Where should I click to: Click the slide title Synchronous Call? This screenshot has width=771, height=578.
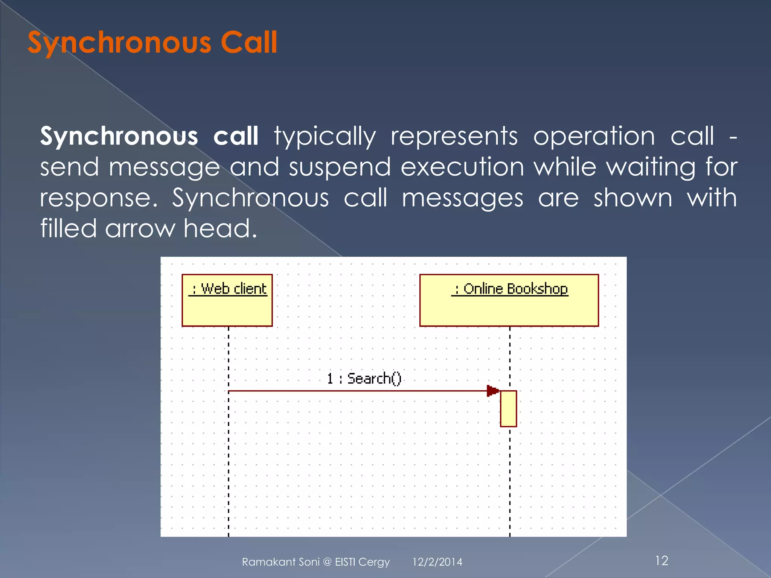tap(152, 43)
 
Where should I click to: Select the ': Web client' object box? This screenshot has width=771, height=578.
tap(227, 300)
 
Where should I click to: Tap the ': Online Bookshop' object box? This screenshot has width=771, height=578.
tap(509, 300)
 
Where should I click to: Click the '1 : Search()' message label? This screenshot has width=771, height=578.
tap(364, 378)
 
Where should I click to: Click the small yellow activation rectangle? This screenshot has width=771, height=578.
tap(508, 409)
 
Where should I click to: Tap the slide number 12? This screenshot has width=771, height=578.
tap(661, 561)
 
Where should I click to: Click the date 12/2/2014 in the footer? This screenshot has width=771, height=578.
tap(437, 562)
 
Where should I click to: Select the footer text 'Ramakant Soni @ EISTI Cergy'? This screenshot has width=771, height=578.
tap(315, 562)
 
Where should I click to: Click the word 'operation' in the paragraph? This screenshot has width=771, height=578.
tap(594, 136)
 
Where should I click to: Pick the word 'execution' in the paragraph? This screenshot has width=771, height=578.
tap(462, 167)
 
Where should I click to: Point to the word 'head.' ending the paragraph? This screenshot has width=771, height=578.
tap(220, 228)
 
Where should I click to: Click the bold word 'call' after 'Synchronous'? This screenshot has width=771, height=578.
tap(236, 136)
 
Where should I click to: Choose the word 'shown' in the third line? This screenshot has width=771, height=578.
tap(633, 198)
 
